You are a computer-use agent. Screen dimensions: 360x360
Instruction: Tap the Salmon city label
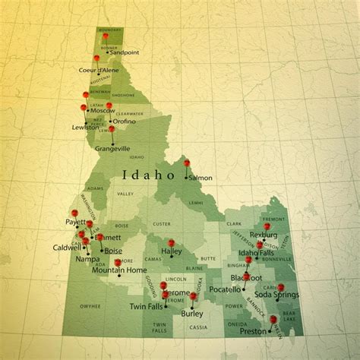click(201, 178)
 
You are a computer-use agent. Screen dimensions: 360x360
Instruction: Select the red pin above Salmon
click(186, 163)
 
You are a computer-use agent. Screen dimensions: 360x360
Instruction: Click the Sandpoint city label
click(125, 52)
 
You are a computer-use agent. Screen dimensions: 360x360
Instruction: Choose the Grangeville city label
click(112, 149)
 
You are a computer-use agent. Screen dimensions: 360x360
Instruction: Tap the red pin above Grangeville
click(111, 129)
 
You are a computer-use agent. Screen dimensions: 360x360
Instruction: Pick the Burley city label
click(192, 313)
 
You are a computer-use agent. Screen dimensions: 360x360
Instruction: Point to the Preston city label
click(252, 331)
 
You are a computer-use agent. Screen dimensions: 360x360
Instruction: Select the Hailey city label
click(172, 251)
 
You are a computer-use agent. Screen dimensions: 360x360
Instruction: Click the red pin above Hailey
click(171, 243)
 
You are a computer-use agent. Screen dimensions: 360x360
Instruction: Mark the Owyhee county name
click(90, 306)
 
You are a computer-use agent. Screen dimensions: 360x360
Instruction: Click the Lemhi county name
click(195, 203)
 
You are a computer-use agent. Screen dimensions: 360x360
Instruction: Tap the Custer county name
click(161, 224)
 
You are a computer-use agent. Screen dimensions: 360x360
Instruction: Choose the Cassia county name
click(198, 327)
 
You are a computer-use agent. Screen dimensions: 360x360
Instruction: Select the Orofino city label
click(124, 121)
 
